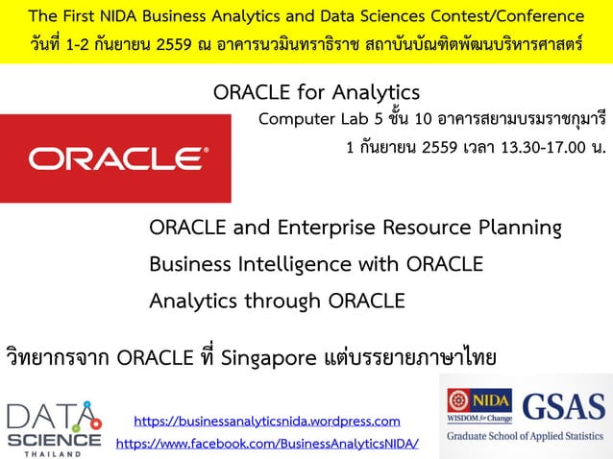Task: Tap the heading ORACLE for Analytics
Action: point(316,93)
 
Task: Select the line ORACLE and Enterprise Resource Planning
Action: point(355,229)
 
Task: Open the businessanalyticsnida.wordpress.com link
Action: point(266,421)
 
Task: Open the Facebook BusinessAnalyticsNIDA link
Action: point(266,444)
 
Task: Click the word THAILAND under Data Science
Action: point(53,452)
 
